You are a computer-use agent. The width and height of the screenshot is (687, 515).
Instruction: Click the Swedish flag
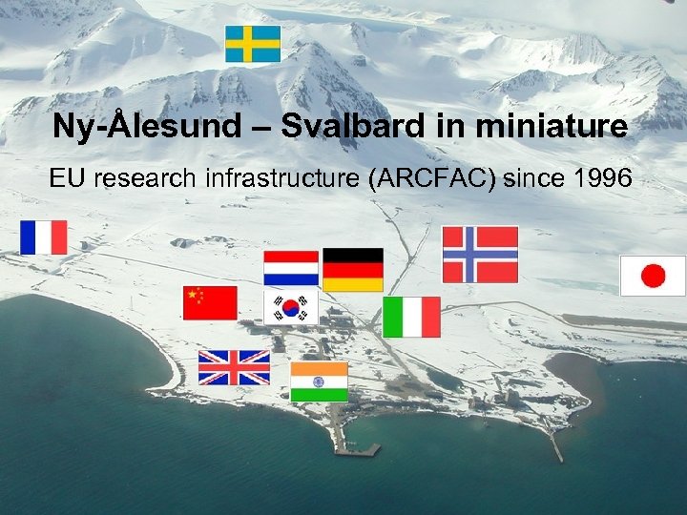(253, 44)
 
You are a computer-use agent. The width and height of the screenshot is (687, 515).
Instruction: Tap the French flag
(44, 237)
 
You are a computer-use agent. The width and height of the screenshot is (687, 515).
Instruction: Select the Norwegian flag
(480, 255)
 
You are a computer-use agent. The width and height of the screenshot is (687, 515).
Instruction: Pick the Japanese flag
(653, 276)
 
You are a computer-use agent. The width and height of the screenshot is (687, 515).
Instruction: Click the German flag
(353, 270)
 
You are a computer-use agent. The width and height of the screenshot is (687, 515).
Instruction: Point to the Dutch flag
(291, 268)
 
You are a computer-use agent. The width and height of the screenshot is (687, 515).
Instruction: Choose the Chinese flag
(210, 303)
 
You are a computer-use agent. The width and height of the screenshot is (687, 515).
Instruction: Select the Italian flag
(411, 317)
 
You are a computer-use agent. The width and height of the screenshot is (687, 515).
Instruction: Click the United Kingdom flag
(234, 367)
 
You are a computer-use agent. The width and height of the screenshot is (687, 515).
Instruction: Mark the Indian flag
(319, 381)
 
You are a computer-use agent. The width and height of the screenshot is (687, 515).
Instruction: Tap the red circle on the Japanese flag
(653, 276)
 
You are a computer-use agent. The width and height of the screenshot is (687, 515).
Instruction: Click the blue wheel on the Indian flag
(319, 381)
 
